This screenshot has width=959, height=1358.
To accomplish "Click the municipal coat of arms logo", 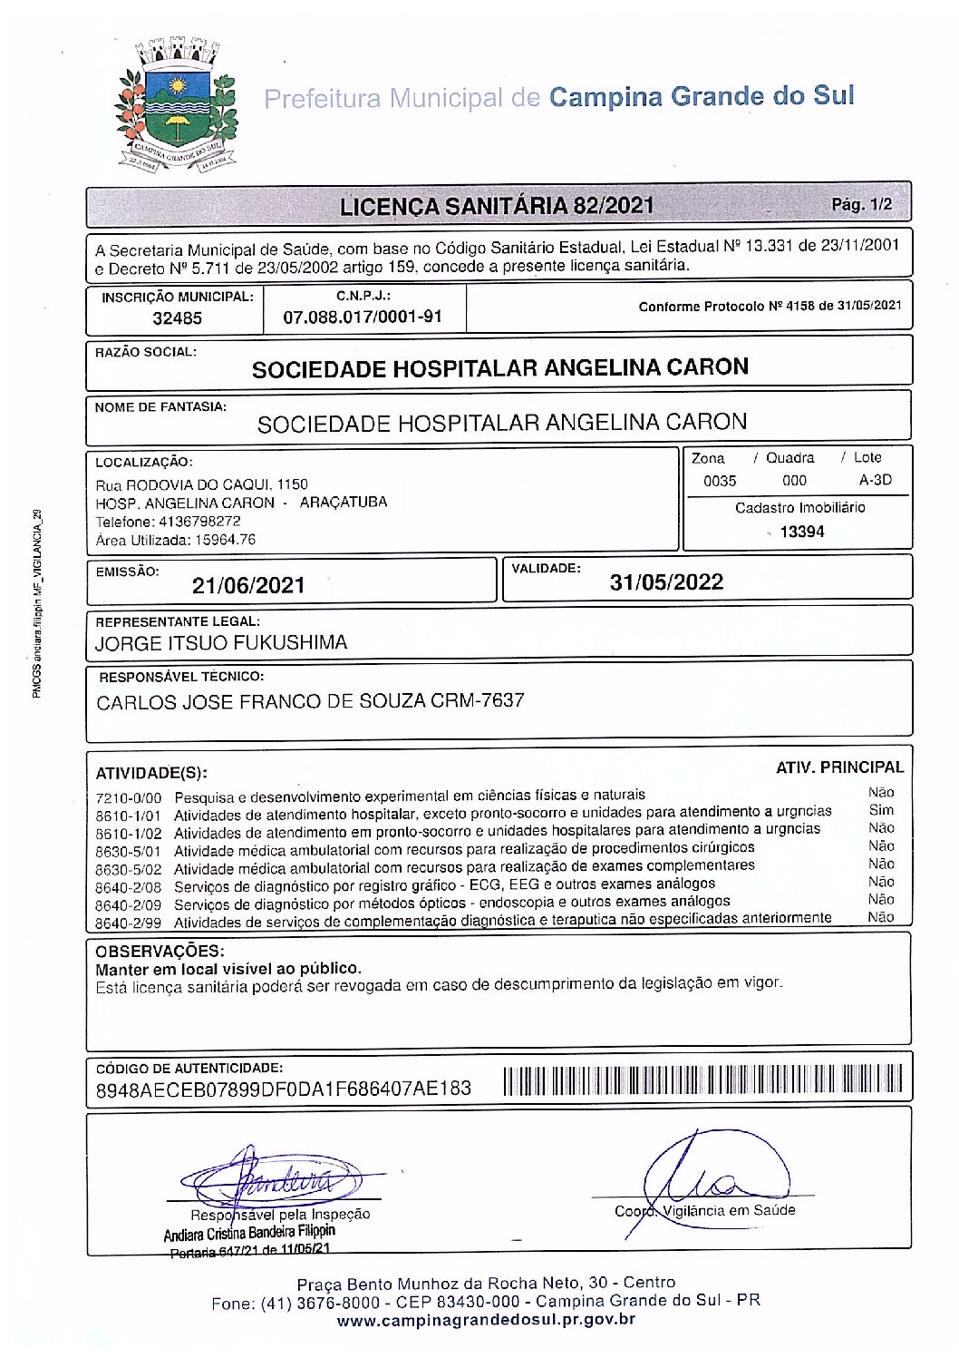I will (176, 105).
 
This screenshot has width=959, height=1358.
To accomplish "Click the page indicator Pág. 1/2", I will (861, 205).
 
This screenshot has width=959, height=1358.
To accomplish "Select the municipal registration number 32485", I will (177, 318).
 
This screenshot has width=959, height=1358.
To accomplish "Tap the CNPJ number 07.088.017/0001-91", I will (363, 317).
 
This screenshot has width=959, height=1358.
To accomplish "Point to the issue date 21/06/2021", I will (248, 585).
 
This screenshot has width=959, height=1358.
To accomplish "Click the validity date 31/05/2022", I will (666, 582).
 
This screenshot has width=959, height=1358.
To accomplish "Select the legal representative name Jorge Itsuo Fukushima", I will (221, 643).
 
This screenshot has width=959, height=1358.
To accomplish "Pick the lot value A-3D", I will (875, 480).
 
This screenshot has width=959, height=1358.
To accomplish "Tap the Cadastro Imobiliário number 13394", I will (801, 532).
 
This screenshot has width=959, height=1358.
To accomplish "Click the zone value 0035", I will (720, 481).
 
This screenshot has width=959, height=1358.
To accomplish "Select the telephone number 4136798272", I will (199, 522).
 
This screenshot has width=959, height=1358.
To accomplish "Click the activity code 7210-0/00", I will (128, 798).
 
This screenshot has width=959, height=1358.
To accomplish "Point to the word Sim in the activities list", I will (881, 810).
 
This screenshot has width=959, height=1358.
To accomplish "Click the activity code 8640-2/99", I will (128, 923).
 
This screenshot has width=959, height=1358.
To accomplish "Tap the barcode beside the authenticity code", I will (702, 1080).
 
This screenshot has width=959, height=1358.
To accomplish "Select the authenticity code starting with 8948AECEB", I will (284, 1089).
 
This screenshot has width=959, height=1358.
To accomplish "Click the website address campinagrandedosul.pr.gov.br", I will (486, 1320).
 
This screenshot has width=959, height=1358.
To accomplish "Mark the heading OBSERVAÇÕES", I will (160, 951).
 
